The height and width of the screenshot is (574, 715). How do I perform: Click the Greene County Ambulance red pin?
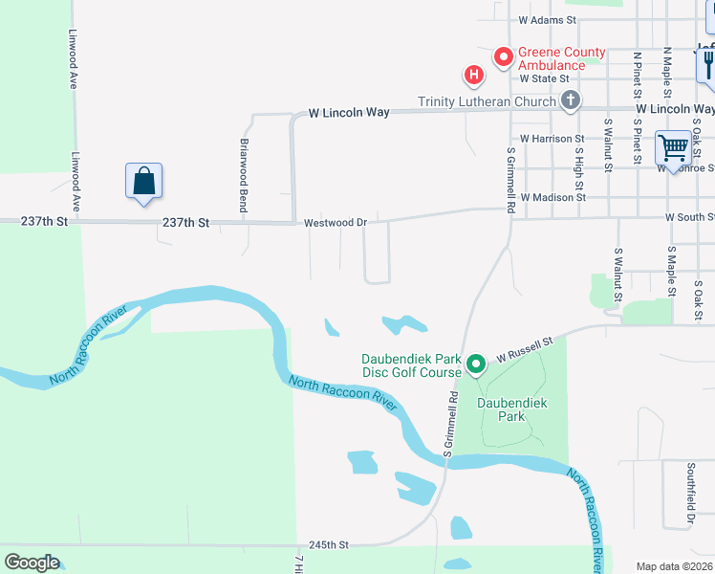coord(503,58)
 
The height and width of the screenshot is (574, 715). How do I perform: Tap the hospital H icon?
coord(472,74)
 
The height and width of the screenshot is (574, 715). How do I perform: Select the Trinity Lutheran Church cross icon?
coord(570,100)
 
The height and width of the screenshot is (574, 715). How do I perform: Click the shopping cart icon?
coord(673,148)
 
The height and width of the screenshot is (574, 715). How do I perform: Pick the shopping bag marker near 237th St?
coord(143,180)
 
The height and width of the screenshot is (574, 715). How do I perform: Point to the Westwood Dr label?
coord(336,223)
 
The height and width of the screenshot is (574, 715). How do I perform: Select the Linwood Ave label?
coord(73,58)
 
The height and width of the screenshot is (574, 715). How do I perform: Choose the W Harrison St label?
coord(538,139)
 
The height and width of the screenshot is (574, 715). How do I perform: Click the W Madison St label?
coord(552,197)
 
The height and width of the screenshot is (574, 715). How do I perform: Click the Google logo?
coord(32,563)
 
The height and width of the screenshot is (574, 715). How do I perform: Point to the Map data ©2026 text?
coord(674,566)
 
